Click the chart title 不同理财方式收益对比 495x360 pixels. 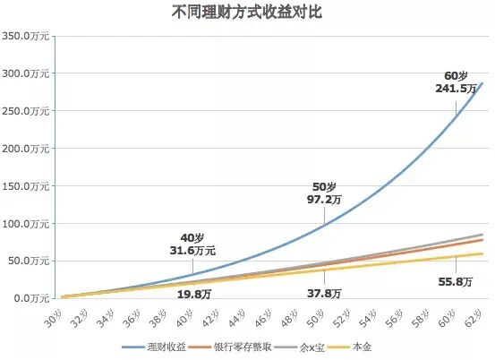point(247,13)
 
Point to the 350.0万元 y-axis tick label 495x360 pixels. point(28,37)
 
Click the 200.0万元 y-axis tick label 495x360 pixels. point(28,149)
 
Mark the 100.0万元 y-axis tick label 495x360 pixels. point(28,223)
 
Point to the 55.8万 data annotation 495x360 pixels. point(456,280)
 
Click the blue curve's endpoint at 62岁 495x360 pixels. point(482,83)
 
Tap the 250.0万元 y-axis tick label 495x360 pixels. point(28,111)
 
